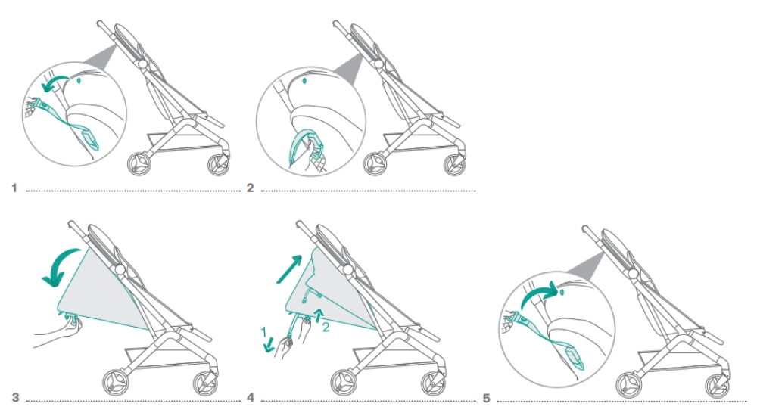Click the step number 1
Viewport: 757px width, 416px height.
pyautogui.click(x=14, y=188)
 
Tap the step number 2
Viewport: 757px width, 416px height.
pyautogui.click(x=250, y=188)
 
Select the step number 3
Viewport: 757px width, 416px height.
pyautogui.click(x=15, y=397)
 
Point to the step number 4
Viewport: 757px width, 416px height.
pyautogui.click(x=250, y=397)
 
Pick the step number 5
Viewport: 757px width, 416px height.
pyautogui.click(x=486, y=398)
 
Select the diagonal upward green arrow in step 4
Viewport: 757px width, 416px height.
pyautogui.click(x=288, y=269)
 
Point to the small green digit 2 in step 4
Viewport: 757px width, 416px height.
pyautogui.click(x=326, y=328)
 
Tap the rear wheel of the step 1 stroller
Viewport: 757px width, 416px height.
pyautogui.click(x=139, y=164)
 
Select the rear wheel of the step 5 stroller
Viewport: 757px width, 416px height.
pyautogui.click(x=628, y=386)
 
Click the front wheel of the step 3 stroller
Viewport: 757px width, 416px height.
pyautogui.click(x=205, y=383)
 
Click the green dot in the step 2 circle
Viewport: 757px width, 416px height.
pyautogui.click(x=304, y=81)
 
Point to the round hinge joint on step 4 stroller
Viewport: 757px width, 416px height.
pyautogui.click(x=347, y=269)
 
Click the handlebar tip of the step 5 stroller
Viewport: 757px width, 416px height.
pyautogui.click(x=585, y=228)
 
